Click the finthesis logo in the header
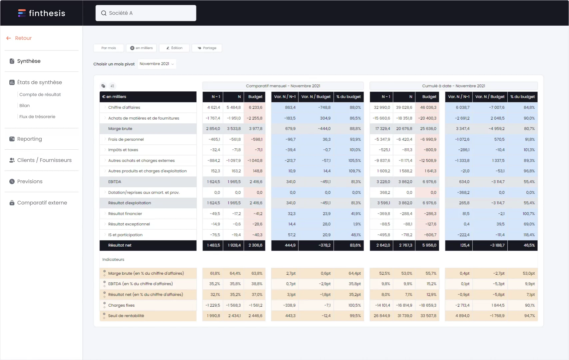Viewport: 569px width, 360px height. [41, 13]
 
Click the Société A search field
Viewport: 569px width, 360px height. [146, 13]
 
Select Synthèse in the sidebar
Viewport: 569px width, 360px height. [29, 61]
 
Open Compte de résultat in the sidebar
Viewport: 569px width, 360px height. [40, 95]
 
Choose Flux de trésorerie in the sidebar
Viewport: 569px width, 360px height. [37, 117]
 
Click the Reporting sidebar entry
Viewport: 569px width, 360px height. [29, 139]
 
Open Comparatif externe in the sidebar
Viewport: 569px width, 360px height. [42, 203]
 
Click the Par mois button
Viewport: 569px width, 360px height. [109, 48]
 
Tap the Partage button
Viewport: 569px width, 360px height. [207, 48]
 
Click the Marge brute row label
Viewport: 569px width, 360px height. [120, 129]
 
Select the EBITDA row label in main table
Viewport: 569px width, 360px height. [115, 182]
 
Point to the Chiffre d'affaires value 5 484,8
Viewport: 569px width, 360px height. [234, 107]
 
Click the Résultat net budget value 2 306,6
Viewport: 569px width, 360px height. [255, 245]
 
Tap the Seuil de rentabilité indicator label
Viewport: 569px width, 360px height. [126, 316]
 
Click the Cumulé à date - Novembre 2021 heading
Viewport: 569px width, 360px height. [453, 86]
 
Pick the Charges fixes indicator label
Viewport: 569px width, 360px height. [121, 305]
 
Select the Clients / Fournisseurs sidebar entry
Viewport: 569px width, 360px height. [44, 160]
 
